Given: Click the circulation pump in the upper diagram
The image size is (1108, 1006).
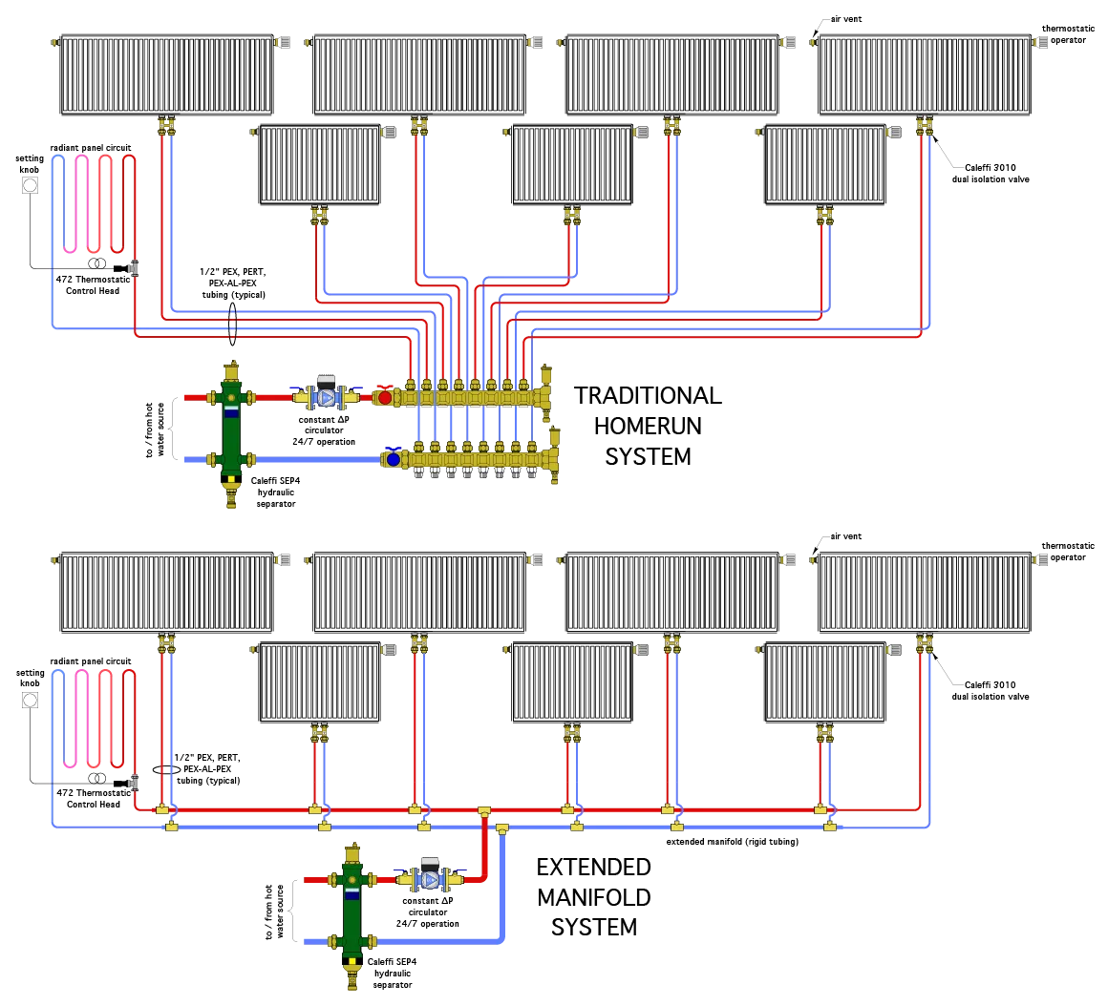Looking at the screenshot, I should (x=326, y=396).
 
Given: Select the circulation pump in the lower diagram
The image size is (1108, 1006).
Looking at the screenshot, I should (x=430, y=879).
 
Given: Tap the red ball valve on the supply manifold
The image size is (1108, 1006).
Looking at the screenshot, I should (x=385, y=397).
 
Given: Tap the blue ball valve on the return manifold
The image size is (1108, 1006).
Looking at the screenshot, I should (x=393, y=459).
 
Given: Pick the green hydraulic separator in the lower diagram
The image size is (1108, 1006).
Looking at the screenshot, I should (x=352, y=912).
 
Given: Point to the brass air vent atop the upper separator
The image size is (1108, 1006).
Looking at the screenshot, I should (x=231, y=370).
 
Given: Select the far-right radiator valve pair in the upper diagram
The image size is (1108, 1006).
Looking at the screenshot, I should (x=924, y=125).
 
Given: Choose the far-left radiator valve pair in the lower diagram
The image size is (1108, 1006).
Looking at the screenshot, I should (x=165, y=642).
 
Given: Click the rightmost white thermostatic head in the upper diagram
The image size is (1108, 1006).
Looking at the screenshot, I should (x=894, y=132).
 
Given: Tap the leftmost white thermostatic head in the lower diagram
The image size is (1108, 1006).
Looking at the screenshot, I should (x=388, y=649).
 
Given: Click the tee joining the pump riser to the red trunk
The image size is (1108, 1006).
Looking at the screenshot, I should (x=484, y=810).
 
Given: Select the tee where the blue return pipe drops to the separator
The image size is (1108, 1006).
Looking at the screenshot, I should (x=502, y=828).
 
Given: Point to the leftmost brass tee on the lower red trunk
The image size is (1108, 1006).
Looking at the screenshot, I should (x=162, y=809).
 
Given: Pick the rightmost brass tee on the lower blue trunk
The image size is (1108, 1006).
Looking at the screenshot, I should (x=830, y=826).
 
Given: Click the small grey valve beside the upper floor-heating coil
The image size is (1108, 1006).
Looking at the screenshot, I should (x=132, y=269).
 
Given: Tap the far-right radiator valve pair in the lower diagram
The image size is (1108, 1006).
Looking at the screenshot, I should (x=924, y=642).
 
